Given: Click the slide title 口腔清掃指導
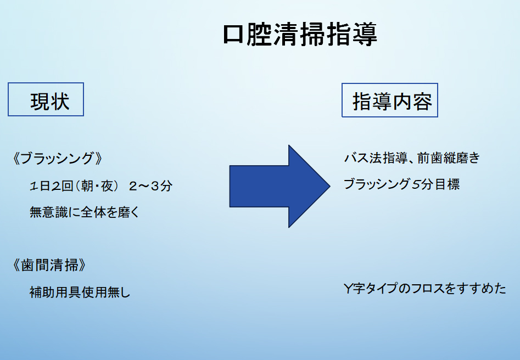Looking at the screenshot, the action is (300, 35).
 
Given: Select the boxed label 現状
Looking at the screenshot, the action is (46, 99).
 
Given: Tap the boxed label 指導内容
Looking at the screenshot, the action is (390, 100).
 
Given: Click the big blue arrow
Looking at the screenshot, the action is (279, 186).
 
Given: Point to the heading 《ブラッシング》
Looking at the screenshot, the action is (58, 159).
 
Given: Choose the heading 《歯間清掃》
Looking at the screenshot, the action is (50, 265).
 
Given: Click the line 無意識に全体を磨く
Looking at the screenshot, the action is (85, 212).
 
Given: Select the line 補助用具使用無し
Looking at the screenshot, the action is (80, 292).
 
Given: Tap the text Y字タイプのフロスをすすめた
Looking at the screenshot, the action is (425, 289).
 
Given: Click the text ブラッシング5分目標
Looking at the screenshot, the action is (401, 184).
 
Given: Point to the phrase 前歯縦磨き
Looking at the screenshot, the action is (449, 158).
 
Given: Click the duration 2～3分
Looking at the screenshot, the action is (150, 186).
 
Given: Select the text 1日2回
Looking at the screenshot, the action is (52, 186).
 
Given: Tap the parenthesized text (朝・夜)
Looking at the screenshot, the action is (97, 186).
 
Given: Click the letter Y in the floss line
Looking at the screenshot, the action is (348, 289).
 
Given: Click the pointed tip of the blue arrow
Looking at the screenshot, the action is (330, 186).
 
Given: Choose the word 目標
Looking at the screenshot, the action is (447, 184).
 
